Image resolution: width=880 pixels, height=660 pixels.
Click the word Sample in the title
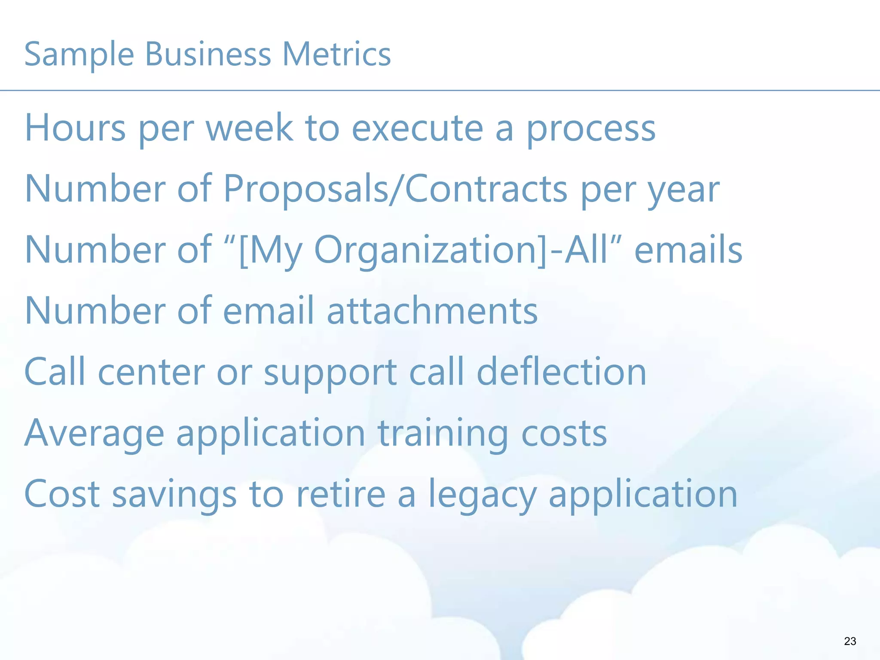(79, 55)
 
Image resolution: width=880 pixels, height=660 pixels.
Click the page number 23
(850, 641)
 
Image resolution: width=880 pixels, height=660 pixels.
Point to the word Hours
(75, 128)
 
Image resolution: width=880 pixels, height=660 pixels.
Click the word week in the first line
(250, 128)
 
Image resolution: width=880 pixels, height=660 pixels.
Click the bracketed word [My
(270, 251)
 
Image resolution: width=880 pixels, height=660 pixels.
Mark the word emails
(688, 250)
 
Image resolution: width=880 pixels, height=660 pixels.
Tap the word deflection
(561, 372)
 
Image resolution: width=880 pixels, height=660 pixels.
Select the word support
(330, 374)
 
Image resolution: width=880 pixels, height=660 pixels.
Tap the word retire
(341, 494)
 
